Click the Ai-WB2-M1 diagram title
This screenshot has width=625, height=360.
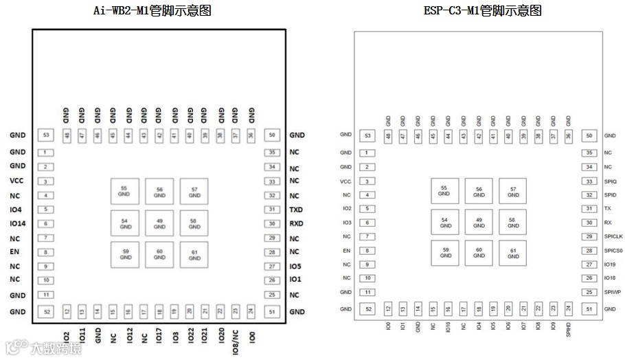tap(152, 10)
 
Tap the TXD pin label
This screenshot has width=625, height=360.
tap(296, 210)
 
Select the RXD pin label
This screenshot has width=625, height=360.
tap(296, 224)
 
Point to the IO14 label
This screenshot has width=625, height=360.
tap(17, 224)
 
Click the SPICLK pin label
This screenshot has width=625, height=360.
tap(613, 236)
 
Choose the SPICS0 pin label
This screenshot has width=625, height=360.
tap(614, 251)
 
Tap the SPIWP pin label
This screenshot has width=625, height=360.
tap(612, 293)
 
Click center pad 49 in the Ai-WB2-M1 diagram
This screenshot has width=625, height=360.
tap(159, 223)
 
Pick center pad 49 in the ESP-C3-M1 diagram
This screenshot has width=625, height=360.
tap(479, 223)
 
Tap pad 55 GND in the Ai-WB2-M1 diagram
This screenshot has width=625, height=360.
tap(124, 191)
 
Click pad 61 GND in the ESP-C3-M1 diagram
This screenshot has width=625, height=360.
tap(513, 254)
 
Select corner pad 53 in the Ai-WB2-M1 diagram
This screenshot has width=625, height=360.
tap(46, 136)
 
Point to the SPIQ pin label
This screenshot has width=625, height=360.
tap(611, 181)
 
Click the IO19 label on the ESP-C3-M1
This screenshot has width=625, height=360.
tap(610, 265)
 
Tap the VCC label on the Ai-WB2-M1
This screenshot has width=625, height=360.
tap(17, 181)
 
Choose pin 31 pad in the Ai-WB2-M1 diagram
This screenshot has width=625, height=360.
tap(273, 210)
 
